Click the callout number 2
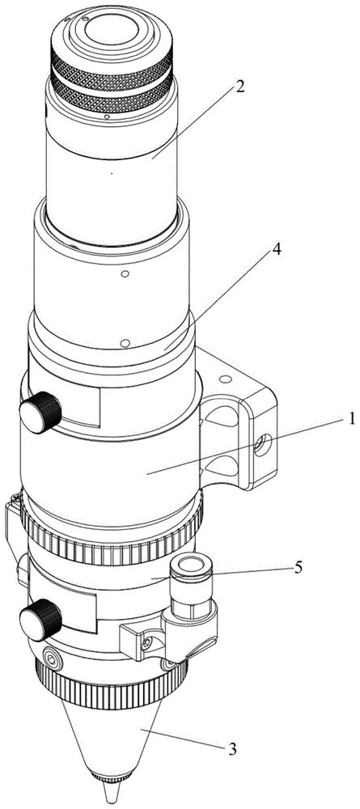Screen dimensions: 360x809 pos(239,87)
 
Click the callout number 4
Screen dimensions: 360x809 pos(277,250)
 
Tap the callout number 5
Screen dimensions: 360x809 pos(298,568)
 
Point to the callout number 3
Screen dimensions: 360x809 pos(232,749)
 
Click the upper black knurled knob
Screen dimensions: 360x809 pos(40,413)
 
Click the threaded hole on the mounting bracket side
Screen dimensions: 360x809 pos(263,444)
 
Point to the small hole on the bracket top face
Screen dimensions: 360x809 pos(222,379)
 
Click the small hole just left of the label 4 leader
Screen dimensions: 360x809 pos(124,343)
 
